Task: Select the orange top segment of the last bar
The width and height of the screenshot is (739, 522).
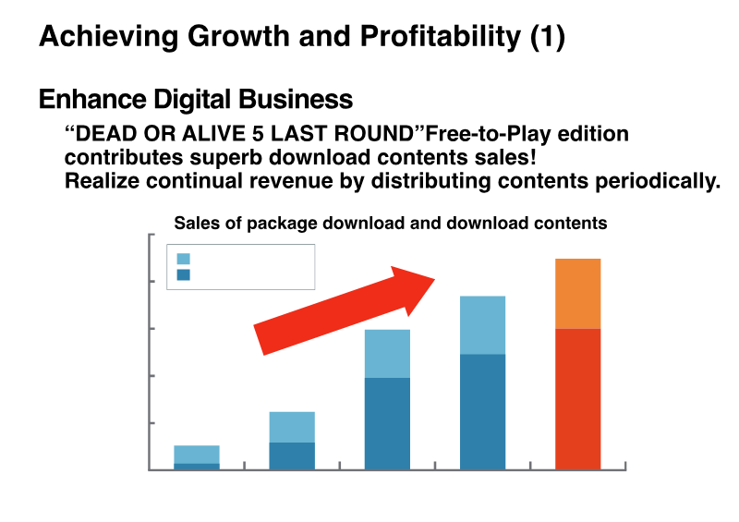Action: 577,294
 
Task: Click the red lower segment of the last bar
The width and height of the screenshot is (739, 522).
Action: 577,399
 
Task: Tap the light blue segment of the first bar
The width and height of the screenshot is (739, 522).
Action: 197,454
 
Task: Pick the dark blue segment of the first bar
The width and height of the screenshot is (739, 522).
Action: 197,467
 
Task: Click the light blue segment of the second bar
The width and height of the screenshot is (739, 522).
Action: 292,427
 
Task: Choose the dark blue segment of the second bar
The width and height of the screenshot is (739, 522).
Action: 292,456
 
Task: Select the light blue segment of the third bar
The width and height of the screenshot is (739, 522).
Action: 387,354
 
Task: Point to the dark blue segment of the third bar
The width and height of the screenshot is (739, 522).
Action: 387,423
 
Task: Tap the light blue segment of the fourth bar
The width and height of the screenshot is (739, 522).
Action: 482,325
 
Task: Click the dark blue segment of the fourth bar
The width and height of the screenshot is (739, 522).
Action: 482,412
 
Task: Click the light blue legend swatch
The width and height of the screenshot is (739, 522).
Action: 183,259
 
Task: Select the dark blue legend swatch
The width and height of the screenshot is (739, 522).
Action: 183,274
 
